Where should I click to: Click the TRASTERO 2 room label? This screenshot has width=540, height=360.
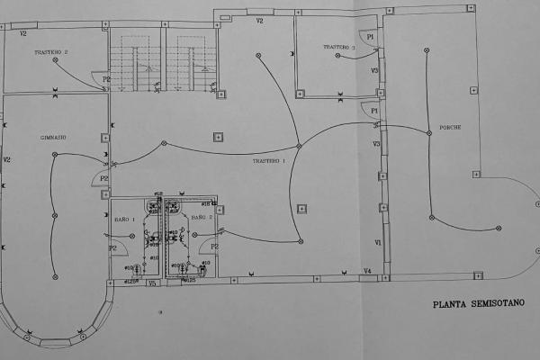(52, 53)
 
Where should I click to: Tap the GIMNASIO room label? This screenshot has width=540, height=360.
(54, 138)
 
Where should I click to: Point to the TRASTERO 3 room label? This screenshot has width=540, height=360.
(341, 47)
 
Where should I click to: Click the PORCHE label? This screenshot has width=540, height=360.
(450, 128)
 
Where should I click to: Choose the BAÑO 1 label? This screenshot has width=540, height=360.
(125, 219)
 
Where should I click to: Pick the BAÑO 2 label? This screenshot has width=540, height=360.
(202, 218)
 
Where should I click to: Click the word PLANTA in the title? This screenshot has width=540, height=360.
(449, 304)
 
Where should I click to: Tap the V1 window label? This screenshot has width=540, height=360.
(378, 243)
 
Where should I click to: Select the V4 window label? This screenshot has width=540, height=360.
(367, 271)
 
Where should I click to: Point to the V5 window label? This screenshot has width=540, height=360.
(152, 283)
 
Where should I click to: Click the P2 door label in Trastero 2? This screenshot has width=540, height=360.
(106, 80)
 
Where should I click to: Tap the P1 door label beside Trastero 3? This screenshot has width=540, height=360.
(371, 36)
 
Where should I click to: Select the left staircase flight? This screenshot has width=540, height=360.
(126, 58)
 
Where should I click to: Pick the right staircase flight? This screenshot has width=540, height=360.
(197, 58)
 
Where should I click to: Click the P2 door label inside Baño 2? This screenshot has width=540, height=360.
(214, 246)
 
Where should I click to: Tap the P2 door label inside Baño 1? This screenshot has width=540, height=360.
(113, 247)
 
